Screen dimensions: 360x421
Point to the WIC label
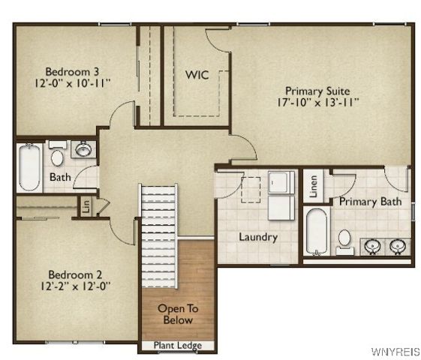[x=197, y=75]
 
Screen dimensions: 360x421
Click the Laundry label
[x=257, y=238]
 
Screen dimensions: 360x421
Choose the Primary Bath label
[x=370, y=202]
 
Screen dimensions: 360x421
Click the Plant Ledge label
[x=177, y=346]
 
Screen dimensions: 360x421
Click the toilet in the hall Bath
[x=57, y=157]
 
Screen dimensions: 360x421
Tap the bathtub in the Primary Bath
[x=317, y=230]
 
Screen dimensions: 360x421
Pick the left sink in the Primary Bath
[x=371, y=245]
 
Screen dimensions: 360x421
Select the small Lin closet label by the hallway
[x=86, y=206]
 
